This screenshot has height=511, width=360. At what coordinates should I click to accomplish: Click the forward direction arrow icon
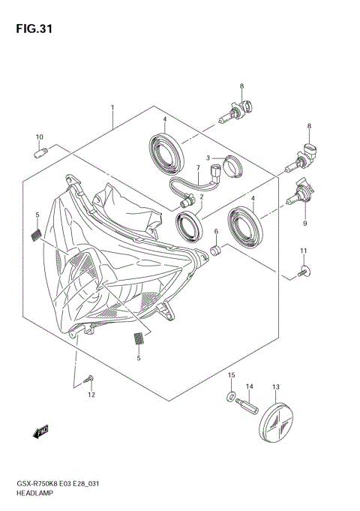coord(40,430)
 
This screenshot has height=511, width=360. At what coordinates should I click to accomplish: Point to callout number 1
coord(112,108)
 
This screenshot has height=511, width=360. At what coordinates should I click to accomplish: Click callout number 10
coord(40,137)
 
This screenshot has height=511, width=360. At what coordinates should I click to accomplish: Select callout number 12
coord(91,395)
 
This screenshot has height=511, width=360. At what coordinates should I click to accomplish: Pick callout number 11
coord(304,250)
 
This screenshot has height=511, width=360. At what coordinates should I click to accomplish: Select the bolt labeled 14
coord(245,408)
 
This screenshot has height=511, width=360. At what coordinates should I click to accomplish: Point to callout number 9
coord(306,223)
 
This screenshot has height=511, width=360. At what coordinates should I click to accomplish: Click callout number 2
coord(201,194)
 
